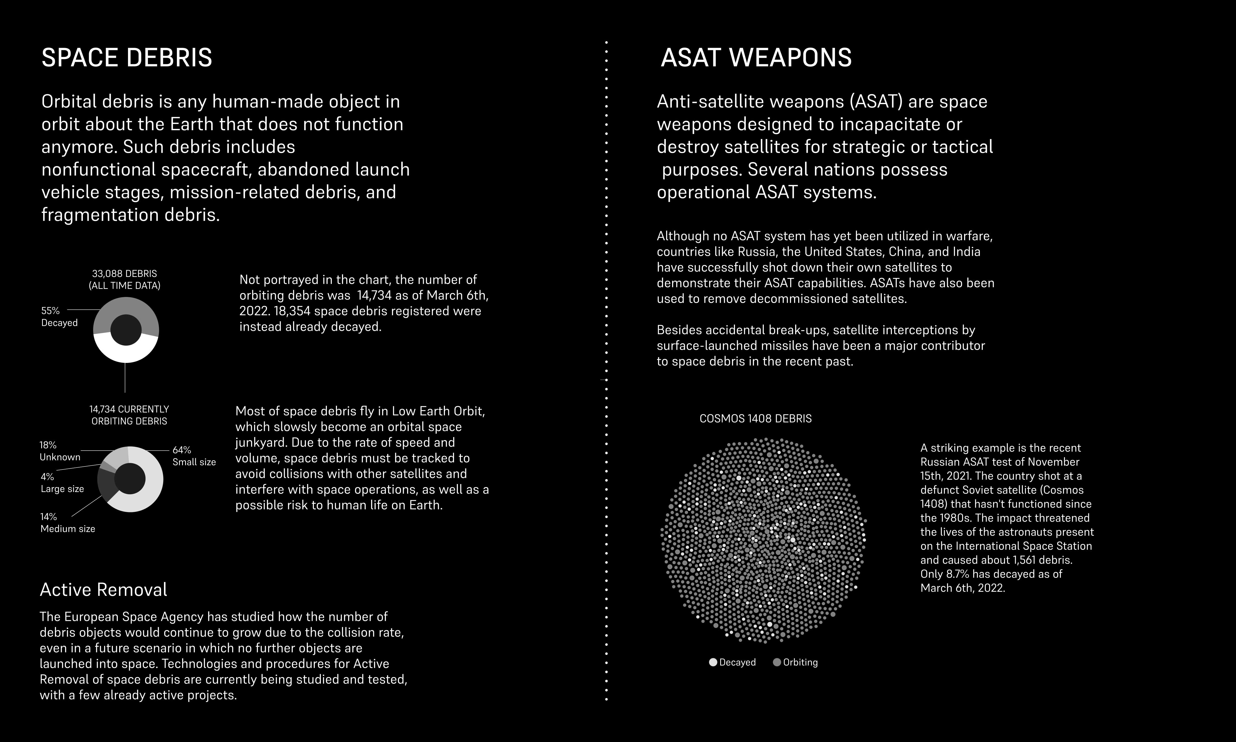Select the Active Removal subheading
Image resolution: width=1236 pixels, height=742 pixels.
click(x=104, y=590)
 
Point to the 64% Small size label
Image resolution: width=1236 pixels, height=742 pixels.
click(x=194, y=456)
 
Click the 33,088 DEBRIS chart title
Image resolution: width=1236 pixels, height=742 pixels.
click(x=124, y=279)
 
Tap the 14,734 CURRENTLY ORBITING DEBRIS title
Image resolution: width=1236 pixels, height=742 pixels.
click(x=129, y=415)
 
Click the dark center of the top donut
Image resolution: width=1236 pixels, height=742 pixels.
click(x=126, y=330)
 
